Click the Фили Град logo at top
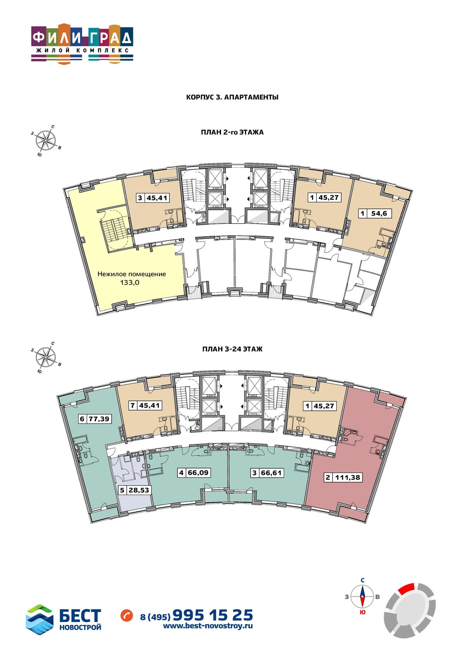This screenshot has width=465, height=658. [x=82, y=44]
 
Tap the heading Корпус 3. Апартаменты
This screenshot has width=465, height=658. [x=232, y=97]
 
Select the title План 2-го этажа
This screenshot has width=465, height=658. [x=232, y=132]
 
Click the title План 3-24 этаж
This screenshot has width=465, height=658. [x=232, y=349]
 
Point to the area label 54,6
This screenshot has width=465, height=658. [x=379, y=214]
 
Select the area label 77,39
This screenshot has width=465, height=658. [x=99, y=419]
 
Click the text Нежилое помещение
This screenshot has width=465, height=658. [x=132, y=274]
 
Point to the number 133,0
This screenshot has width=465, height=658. [x=129, y=283]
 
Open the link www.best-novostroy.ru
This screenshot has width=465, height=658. [x=208, y=617]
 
